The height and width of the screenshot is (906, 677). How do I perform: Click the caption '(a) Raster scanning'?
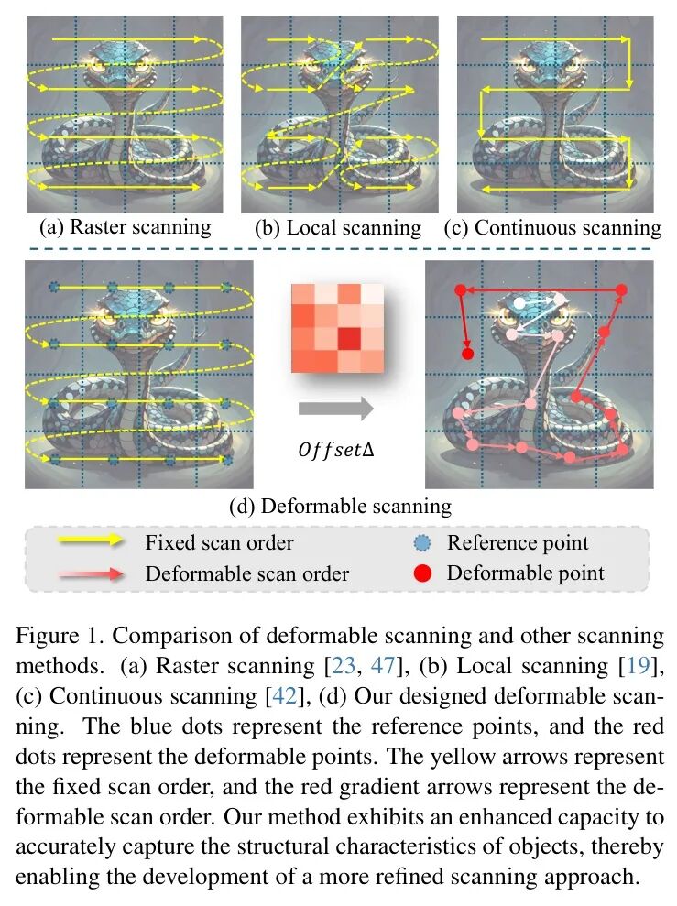(x=126, y=226)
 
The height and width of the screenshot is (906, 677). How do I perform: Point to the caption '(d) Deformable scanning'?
(x=340, y=505)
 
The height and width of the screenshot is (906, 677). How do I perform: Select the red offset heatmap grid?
(x=337, y=328)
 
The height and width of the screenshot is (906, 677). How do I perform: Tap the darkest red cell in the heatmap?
(x=348, y=340)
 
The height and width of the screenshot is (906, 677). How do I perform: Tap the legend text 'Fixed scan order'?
(x=219, y=542)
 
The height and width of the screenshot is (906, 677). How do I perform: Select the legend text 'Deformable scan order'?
(x=246, y=574)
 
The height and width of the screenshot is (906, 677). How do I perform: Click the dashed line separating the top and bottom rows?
(x=338, y=248)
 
